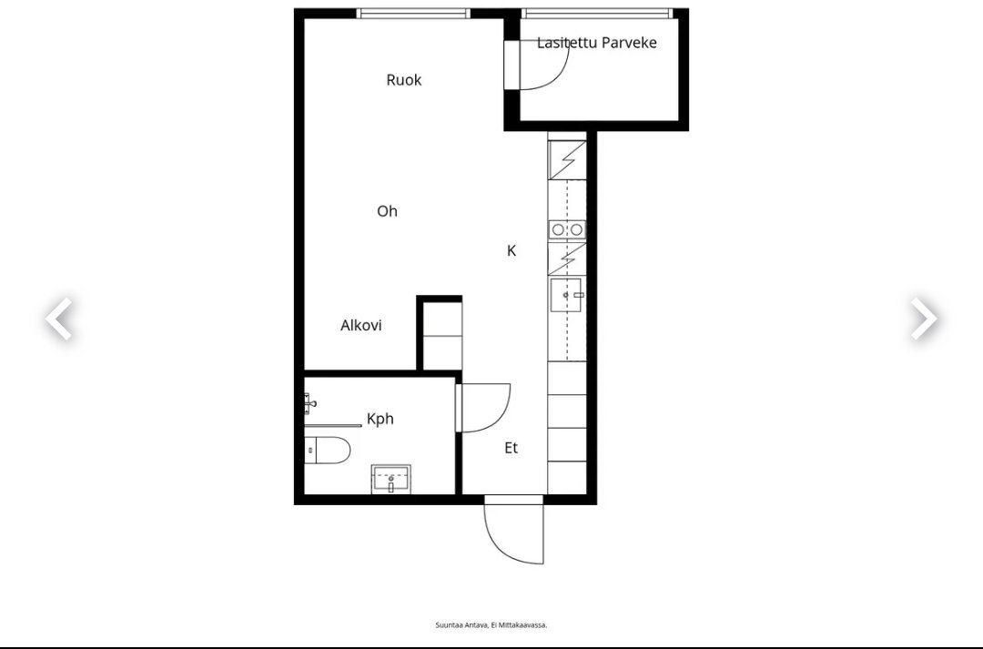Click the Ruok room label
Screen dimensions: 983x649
click(404, 79)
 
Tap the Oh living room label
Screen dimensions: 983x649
click(388, 211)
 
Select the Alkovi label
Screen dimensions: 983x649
click(361, 326)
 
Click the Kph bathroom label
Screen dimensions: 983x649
click(380, 419)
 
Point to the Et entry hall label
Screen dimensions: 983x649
click(511, 448)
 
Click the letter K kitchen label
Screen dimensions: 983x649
click(512, 251)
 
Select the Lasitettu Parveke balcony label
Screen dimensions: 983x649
click(597, 43)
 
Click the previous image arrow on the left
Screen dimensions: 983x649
click(59, 319)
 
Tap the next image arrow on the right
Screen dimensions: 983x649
click(924, 319)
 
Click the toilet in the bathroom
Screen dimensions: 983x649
click(327, 451)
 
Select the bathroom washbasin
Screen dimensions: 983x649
click(391, 480)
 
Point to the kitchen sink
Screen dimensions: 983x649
click(566, 295)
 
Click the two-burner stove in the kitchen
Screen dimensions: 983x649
click(567, 229)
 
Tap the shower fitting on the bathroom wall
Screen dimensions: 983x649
click(309, 403)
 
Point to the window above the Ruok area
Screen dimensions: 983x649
click(413, 13)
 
